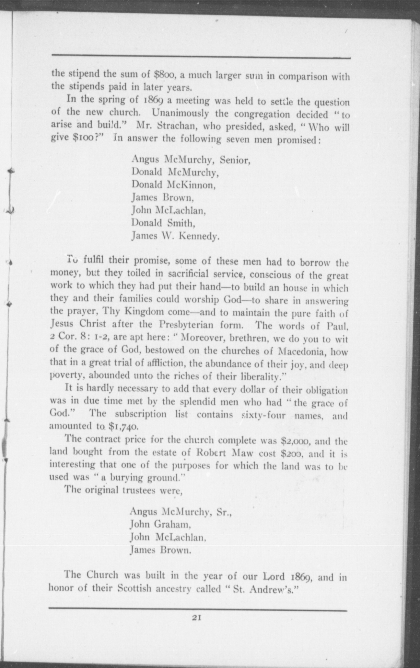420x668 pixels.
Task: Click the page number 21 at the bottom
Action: click(197, 617)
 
